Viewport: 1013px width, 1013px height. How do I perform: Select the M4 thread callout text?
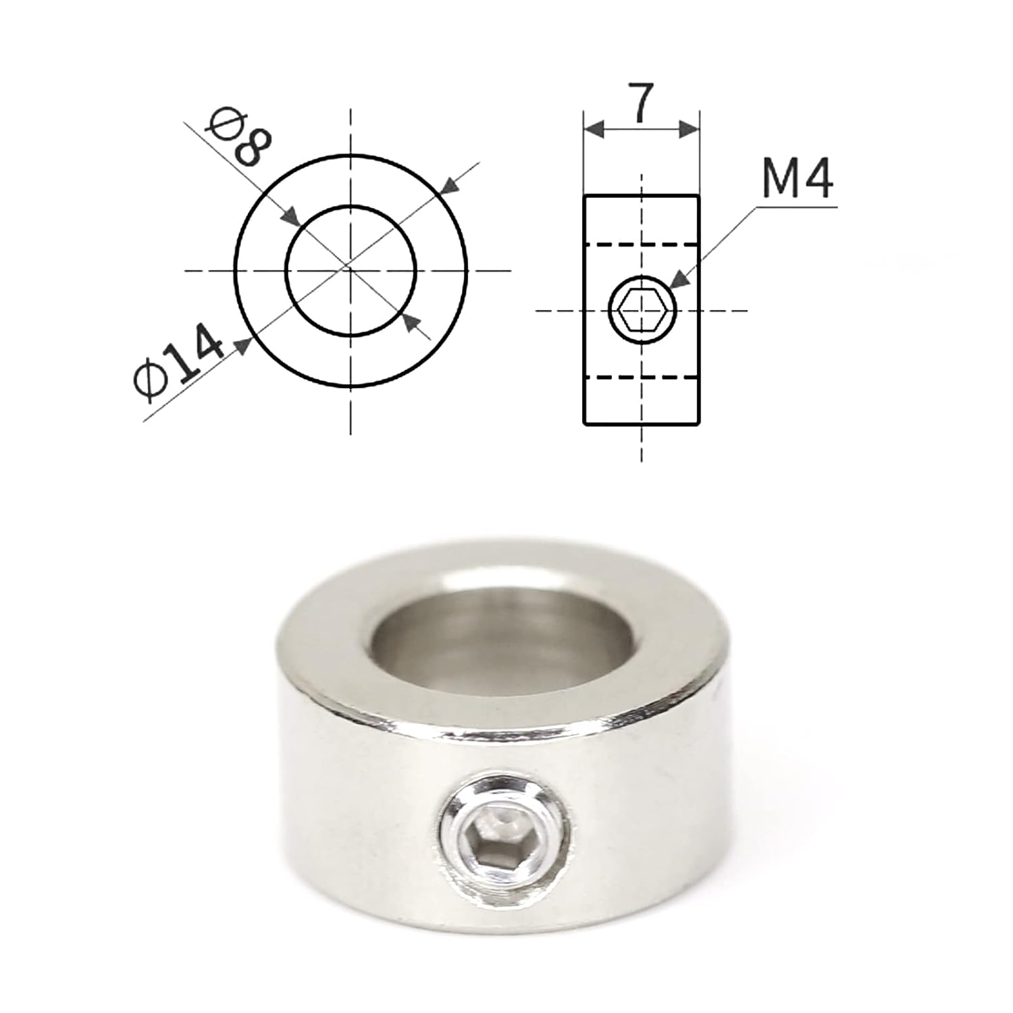click(797, 179)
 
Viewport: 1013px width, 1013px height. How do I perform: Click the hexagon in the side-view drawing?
click(642, 311)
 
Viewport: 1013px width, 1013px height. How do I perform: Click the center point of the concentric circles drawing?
click(350, 270)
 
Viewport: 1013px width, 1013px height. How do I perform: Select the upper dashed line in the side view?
click(641, 244)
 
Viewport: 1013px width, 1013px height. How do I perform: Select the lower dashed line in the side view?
click(641, 377)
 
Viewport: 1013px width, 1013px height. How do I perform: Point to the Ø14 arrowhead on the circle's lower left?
click(243, 346)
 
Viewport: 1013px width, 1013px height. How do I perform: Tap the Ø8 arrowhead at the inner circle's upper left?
click(291, 217)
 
